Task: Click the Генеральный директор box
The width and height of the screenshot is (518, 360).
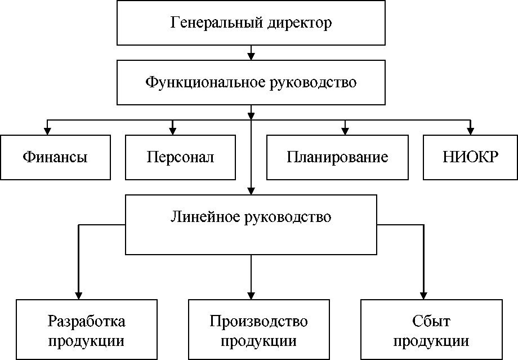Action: tap(251, 23)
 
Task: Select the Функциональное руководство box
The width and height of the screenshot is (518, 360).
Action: tap(251, 82)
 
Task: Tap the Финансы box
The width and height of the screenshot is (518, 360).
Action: tap(55, 157)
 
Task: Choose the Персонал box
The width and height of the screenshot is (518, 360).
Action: tap(180, 157)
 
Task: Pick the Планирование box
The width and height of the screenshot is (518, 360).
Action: tap(337, 157)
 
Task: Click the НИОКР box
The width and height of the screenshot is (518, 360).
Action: tap(470, 157)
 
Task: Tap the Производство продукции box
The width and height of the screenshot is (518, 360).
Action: tap(258, 330)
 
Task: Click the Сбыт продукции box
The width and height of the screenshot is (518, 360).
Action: tap(431, 330)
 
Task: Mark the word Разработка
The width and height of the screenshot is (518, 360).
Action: tap(86, 321)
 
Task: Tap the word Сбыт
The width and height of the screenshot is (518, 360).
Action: tap(431, 321)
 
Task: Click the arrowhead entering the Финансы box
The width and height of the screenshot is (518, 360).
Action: tap(47, 131)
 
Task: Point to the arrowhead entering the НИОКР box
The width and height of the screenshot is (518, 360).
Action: tap(470, 131)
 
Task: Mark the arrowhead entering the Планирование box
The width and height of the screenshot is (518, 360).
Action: tap(345, 131)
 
